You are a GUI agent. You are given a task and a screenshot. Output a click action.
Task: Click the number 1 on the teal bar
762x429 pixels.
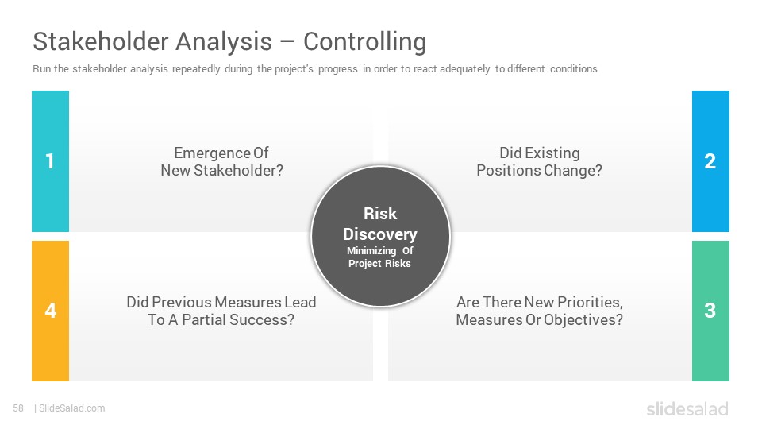coord(49,161)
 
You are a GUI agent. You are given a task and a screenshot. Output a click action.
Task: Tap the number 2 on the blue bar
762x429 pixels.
coord(710,161)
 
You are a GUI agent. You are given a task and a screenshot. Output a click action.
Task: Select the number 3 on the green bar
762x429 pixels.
coord(710,311)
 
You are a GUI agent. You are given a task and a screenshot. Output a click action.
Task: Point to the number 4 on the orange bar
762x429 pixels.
coord(51,311)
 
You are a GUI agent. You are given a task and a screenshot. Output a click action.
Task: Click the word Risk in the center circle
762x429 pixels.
coord(380,214)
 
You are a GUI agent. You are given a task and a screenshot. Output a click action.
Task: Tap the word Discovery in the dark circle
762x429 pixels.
coord(380,234)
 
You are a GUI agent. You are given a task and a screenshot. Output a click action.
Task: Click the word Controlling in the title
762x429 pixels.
coord(365,41)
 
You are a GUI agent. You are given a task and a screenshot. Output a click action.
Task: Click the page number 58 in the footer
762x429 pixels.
coord(18,408)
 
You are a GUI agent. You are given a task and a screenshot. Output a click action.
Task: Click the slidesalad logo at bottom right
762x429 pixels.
coord(687,408)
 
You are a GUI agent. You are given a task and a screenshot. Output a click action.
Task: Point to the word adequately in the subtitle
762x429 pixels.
coord(464,69)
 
